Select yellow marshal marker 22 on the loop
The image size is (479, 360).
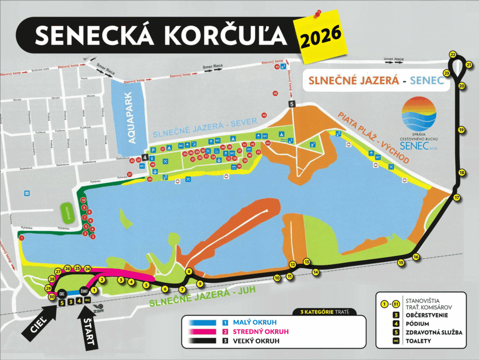452,54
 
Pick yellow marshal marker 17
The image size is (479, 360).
457,198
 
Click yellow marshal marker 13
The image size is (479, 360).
307,261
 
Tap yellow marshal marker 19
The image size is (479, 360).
462,130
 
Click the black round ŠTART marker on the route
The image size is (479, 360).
84,290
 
